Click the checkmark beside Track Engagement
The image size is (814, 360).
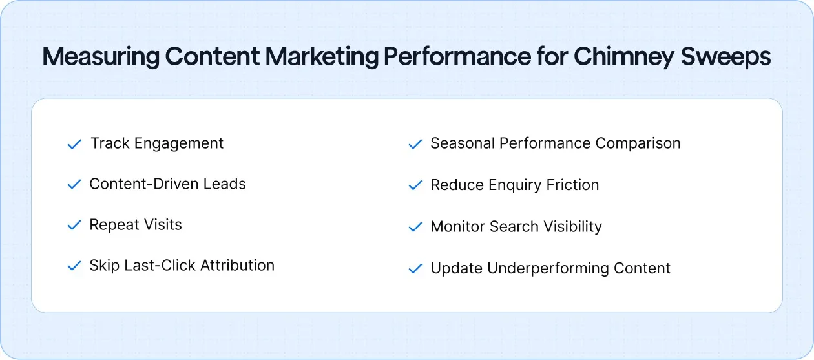click(x=74, y=144)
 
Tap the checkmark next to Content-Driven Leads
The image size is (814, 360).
click(x=74, y=185)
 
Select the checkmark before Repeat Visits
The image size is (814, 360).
click(x=74, y=226)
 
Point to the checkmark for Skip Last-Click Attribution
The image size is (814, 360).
click(x=74, y=266)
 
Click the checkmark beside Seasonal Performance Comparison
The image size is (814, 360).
click(x=415, y=144)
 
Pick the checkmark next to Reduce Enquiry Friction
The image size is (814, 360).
click(x=415, y=185)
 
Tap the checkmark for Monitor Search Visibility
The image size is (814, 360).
click(x=415, y=228)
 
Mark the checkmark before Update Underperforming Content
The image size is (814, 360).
click(x=415, y=269)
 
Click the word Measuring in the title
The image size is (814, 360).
click(x=101, y=58)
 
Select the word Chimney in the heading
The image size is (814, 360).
click(x=623, y=58)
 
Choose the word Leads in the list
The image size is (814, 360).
click(x=225, y=184)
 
